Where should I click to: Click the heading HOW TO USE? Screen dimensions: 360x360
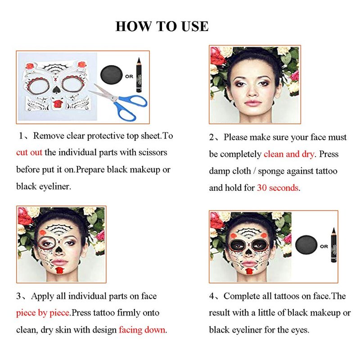coord(162,26)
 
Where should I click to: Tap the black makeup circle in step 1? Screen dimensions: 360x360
coord(111,75)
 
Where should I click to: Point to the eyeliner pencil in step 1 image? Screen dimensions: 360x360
coord(139,75)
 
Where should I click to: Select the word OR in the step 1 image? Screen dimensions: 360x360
coord(129,76)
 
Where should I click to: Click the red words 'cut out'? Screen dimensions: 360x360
coord(29,153)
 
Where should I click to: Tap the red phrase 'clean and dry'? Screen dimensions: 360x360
coord(289,154)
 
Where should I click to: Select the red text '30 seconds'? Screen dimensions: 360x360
coord(278,188)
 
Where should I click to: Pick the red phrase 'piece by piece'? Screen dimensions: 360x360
coord(43,313)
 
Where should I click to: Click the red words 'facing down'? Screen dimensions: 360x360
coord(142,330)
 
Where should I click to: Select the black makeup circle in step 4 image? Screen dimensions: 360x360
coord(306,245)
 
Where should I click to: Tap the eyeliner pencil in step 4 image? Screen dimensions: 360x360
coord(333,245)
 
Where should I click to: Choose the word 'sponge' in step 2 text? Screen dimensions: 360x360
coord(271,171)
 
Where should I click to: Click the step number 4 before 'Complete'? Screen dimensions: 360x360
coord(211,296)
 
